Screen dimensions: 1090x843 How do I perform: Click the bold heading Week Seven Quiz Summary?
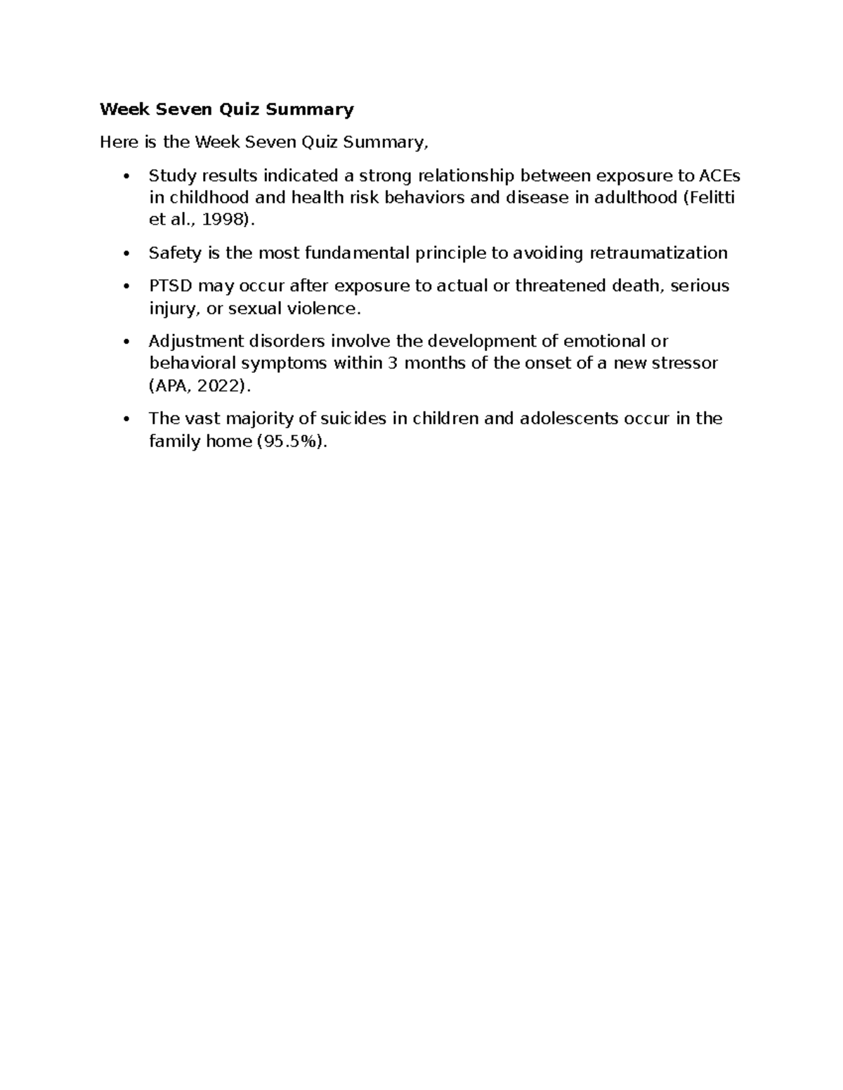(x=226, y=109)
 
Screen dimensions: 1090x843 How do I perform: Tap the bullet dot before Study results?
(x=126, y=176)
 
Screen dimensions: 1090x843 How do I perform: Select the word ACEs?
(x=719, y=175)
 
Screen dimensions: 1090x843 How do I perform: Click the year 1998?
(x=222, y=220)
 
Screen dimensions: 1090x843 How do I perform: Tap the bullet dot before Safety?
(x=126, y=254)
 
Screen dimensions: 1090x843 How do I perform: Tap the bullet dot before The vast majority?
(x=126, y=420)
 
